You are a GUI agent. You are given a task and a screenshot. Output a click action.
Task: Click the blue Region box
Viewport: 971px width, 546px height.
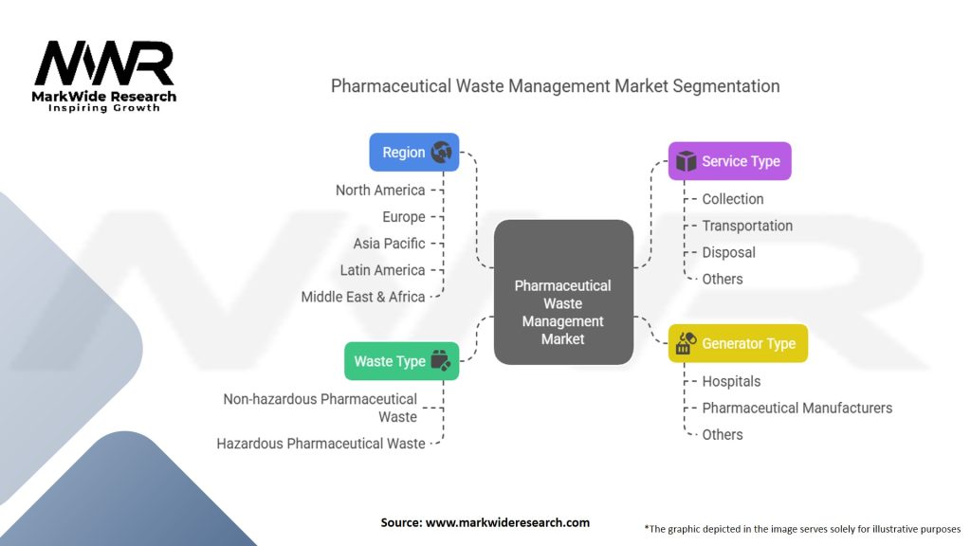tap(413, 153)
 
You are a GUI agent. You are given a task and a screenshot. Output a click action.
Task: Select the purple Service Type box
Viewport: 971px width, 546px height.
tap(729, 161)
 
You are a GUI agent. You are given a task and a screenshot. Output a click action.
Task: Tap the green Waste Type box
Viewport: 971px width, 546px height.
tap(401, 361)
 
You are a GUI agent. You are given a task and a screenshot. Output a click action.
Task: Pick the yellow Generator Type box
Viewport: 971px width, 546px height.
tap(737, 343)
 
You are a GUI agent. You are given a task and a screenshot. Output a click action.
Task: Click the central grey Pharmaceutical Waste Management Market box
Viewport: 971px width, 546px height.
tap(563, 292)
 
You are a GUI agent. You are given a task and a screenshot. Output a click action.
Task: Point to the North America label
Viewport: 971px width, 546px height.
tap(380, 191)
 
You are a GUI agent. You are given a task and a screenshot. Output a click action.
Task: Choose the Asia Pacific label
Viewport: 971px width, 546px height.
tap(389, 244)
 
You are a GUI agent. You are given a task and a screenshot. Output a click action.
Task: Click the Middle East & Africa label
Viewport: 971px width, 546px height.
tap(363, 297)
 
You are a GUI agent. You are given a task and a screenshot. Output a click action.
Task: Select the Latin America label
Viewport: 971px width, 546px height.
tap(382, 270)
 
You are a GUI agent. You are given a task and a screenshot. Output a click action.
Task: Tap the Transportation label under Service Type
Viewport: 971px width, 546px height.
tap(747, 226)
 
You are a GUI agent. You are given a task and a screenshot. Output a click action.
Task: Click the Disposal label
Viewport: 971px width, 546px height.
tap(728, 252)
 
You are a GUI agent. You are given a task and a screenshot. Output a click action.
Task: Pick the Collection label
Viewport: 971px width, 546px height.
tap(732, 199)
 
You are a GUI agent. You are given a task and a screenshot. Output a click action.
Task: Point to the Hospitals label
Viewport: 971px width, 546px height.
tap(731, 381)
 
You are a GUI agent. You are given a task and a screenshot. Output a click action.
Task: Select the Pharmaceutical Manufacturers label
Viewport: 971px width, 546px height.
tap(797, 408)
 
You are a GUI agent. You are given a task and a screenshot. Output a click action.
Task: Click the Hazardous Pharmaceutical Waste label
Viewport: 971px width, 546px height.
tap(321, 443)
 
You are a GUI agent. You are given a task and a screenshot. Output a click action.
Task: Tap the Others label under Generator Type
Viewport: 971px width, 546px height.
tap(722, 434)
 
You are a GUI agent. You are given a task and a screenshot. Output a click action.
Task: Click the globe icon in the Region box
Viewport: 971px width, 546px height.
tap(441, 153)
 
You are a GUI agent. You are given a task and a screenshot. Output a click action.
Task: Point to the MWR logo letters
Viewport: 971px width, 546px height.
tap(104, 64)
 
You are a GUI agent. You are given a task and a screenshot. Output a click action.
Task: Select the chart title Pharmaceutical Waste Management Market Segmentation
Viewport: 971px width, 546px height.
tap(555, 86)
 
